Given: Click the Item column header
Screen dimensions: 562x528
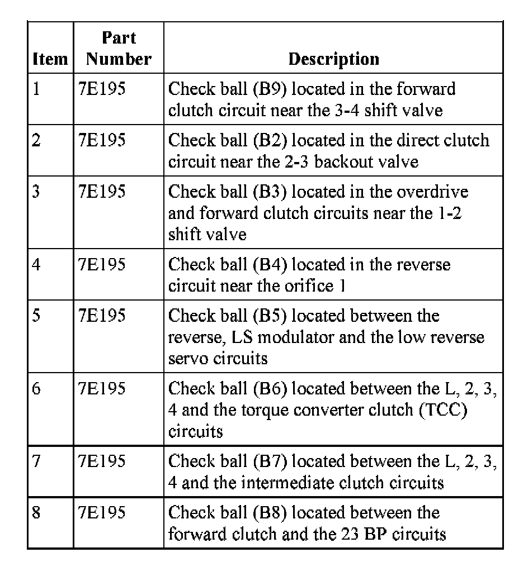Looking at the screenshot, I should pyautogui.click(x=50, y=59).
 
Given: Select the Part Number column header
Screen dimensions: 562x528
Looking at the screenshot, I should pyautogui.click(x=119, y=49).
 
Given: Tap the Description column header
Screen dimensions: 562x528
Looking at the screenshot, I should pyautogui.click(x=333, y=59).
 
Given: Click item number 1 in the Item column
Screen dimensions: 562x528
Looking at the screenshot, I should pyautogui.click(x=36, y=89).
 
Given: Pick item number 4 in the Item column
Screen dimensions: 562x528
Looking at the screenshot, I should pyautogui.click(x=36, y=264).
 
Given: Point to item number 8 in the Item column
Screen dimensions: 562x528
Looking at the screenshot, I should pyautogui.click(x=36, y=513).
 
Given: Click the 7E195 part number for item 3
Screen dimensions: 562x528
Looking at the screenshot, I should pyautogui.click(x=102, y=192).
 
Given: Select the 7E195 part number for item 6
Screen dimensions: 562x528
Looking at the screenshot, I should pyautogui.click(x=102, y=388).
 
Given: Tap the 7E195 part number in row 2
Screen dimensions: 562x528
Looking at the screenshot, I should pyautogui.click(x=102, y=140).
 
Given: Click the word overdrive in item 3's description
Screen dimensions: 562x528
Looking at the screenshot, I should pyautogui.click(x=432, y=192).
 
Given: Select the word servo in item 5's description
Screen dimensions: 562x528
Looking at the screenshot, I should pyautogui.click(x=188, y=358).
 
